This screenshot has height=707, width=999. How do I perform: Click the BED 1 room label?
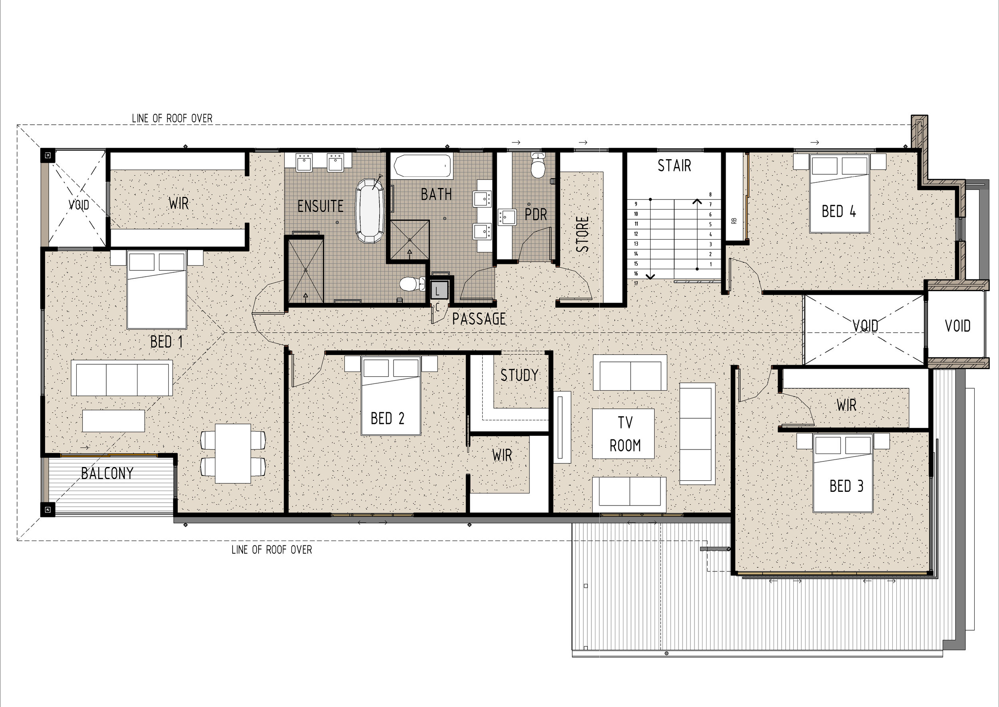click(x=167, y=342)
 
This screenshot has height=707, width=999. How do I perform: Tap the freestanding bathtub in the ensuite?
click(x=370, y=211)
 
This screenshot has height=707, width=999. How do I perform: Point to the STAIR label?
click(x=674, y=166)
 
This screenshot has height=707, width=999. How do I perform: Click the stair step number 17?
click(x=636, y=284)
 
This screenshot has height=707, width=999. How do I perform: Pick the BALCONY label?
click(x=107, y=473)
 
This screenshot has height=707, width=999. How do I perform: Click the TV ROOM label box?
click(x=623, y=433)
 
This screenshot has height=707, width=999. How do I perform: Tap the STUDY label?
click(x=519, y=375)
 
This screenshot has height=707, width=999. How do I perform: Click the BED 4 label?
click(x=839, y=212)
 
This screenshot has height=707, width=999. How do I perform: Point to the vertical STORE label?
click(x=582, y=234)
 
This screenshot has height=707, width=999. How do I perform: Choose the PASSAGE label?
click(x=479, y=319)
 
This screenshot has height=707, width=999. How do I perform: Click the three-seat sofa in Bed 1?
click(x=122, y=378)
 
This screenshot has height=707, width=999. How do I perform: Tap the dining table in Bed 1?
click(x=233, y=453)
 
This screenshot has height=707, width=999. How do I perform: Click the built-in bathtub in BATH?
click(x=422, y=166)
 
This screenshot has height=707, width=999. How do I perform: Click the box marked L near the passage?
click(x=439, y=290)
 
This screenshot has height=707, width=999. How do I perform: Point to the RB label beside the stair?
click(x=734, y=221)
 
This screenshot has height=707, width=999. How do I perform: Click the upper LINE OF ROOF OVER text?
click(x=172, y=118)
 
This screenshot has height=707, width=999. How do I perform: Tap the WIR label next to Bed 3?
click(x=846, y=405)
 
